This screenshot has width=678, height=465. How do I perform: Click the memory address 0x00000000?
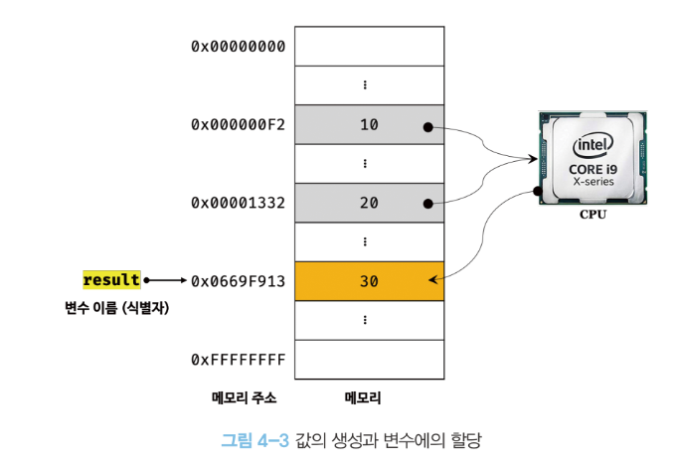click(x=239, y=47)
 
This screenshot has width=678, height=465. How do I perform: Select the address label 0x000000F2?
click(x=239, y=125)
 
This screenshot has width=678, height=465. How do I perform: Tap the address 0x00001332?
click(x=239, y=203)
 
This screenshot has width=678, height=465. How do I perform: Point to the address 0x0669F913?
click(x=239, y=281)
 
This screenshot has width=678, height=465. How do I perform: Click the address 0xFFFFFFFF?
click(x=239, y=359)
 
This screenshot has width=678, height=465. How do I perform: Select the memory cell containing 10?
click(x=368, y=125)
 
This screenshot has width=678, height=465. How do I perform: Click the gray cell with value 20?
click(x=368, y=203)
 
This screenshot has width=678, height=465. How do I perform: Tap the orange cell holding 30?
click(x=368, y=281)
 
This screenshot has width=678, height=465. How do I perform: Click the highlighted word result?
click(x=111, y=280)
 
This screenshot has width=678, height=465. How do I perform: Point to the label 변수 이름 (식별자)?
click(x=111, y=308)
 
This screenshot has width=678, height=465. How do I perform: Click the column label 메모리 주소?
click(x=244, y=398)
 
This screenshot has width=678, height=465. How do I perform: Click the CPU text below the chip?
click(x=593, y=213)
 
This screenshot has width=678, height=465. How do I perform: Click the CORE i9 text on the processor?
click(x=592, y=169)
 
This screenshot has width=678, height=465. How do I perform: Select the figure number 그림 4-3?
click(x=254, y=438)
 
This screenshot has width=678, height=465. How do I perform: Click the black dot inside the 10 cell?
click(x=426, y=127)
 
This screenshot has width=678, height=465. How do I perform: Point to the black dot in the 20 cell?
click(x=426, y=204)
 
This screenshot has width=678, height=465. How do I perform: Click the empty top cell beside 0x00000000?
click(x=368, y=47)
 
